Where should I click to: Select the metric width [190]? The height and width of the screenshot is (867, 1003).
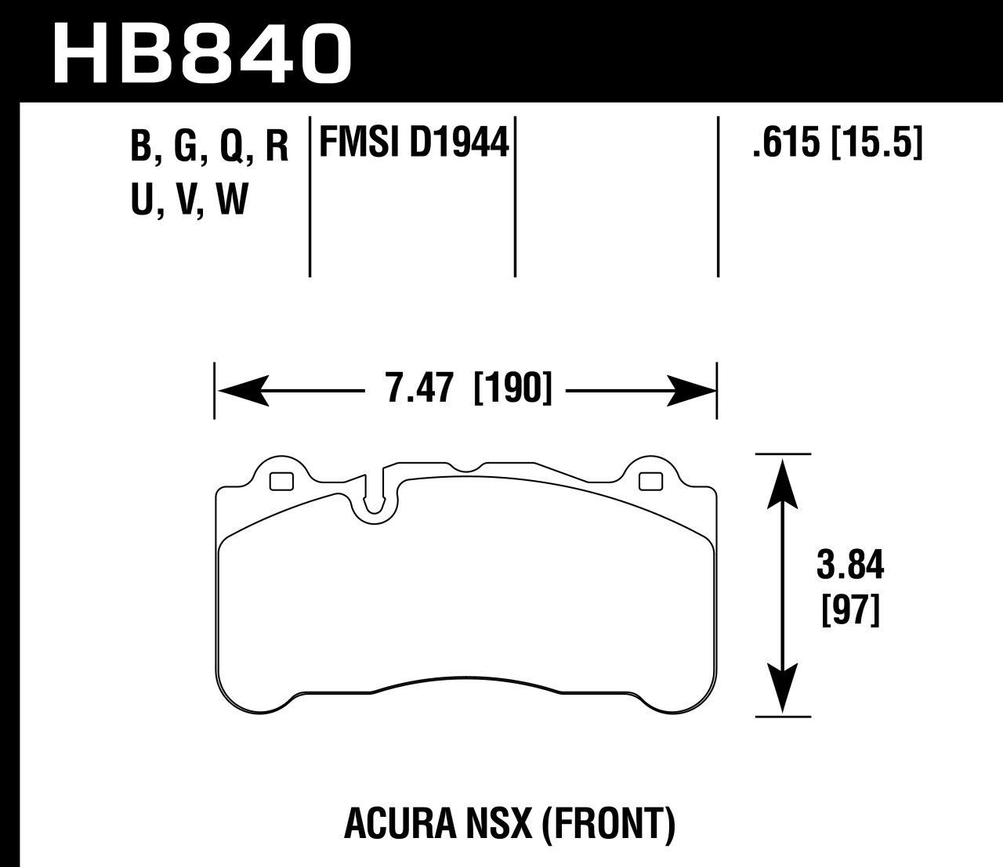513,389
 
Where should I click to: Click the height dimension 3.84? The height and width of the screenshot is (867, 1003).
850,565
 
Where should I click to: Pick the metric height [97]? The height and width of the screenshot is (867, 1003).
850,609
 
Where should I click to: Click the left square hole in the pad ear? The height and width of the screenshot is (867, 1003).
281,481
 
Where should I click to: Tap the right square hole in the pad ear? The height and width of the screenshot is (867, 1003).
650,481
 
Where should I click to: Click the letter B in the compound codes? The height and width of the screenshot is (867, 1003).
140,146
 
